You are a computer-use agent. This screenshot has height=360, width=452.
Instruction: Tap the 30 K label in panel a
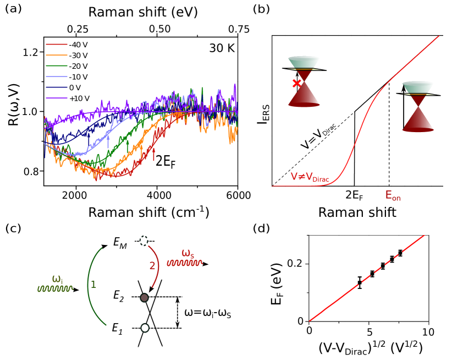222,48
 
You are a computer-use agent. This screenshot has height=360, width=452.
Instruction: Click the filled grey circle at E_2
145,298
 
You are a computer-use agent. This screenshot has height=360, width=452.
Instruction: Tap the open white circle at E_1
145,328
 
